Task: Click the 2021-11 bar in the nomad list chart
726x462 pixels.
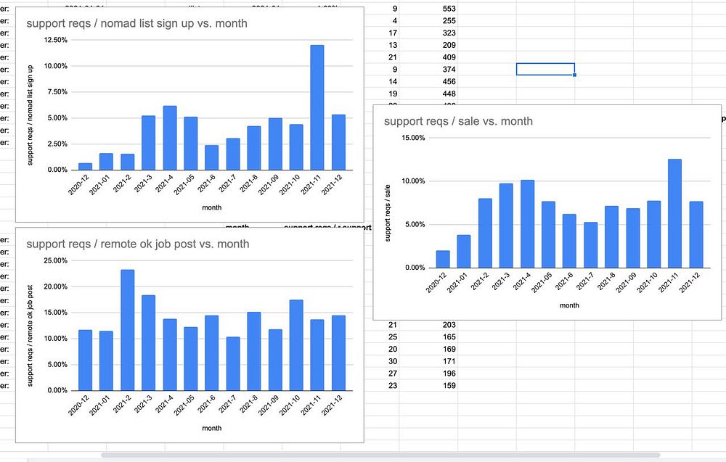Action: pyautogui.click(x=317, y=107)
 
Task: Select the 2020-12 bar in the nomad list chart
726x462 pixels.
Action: pyautogui.click(x=85, y=166)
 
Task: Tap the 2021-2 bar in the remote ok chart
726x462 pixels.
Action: pyautogui.click(x=127, y=330)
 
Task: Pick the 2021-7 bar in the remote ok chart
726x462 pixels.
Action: pyautogui.click(x=233, y=363)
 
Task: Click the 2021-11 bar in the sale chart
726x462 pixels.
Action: pyautogui.click(x=674, y=213)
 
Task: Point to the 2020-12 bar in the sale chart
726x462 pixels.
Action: pyautogui.click(x=443, y=259)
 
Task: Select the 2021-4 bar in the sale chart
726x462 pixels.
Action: pyautogui.click(x=527, y=223)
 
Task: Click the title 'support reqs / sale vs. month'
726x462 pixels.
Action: pyautogui.click(x=458, y=121)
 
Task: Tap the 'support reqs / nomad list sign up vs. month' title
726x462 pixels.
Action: pyautogui.click(x=136, y=23)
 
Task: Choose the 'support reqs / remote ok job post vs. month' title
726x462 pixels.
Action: pyautogui.click(x=137, y=244)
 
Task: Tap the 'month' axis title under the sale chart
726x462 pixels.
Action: pyautogui.click(x=569, y=305)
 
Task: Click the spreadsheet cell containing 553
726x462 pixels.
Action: pyautogui.click(x=447, y=8)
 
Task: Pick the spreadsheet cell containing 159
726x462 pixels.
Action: pyautogui.click(x=448, y=385)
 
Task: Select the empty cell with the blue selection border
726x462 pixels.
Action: pyautogui.click(x=545, y=69)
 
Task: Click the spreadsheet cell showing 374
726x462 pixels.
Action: pyautogui.click(x=447, y=69)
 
